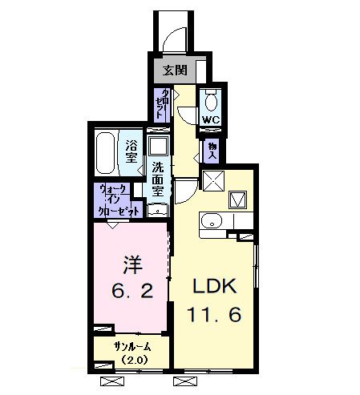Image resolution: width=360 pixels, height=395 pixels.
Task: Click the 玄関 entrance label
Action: coord(175,70)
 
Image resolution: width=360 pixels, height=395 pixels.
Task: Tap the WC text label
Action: coord(210,120)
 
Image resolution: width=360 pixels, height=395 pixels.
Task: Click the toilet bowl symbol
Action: coord(210,101)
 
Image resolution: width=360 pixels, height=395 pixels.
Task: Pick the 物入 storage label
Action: coord(212,150)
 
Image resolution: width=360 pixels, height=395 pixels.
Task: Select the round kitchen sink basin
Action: coord(210,221)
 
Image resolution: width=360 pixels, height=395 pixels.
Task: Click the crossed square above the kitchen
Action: coord(212,182)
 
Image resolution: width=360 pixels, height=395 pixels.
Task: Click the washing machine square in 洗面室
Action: coord(159,146)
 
